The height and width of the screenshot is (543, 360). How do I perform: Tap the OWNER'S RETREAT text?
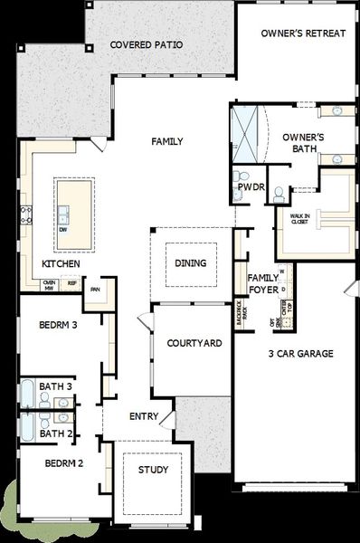point(302,33)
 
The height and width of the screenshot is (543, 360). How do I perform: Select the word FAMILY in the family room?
point(167,141)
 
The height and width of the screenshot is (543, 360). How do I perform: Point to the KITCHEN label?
point(61,263)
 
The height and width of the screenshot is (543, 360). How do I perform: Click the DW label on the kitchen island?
point(63,230)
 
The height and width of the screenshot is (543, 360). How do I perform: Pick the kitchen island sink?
point(63,214)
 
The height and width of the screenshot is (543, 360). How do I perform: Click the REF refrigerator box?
point(71,283)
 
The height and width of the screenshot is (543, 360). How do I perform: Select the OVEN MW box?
point(50,284)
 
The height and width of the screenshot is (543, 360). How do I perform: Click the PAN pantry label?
point(93,290)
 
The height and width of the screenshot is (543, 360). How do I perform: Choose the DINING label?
point(190,263)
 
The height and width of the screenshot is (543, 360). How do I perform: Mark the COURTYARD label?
point(194,343)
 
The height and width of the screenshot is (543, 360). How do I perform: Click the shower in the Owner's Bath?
point(244,132)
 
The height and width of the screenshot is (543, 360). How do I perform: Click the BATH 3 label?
point(55,386)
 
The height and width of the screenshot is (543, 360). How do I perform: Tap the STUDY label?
point(152,470)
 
